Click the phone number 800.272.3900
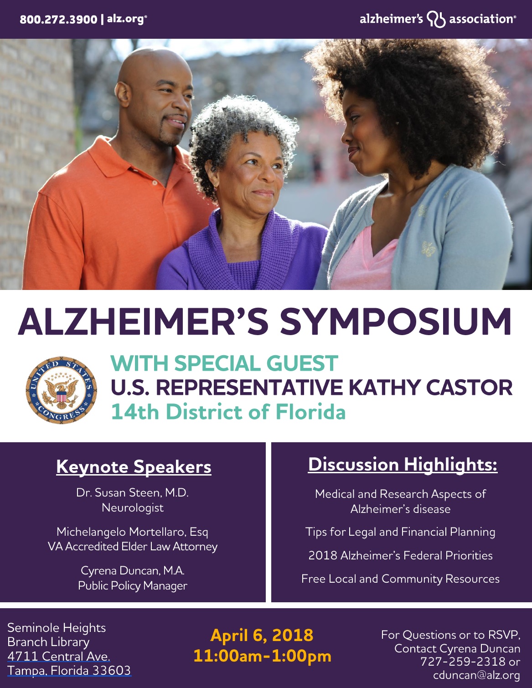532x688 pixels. pos(58,20)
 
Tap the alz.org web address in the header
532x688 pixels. pos(126,19)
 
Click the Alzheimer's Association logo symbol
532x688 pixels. pos(436,19)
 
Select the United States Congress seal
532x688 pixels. pos(62,390)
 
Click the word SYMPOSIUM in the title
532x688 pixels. pos(396,321)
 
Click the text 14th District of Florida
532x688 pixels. pos(228,412)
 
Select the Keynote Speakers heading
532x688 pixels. pos(134,467)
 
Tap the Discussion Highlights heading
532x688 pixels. pos(403,465)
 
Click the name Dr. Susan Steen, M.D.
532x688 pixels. pos(132,493)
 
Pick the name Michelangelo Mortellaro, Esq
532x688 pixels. pos(132,532)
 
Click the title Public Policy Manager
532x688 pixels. pos(133,585)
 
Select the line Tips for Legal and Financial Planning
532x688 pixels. pos(400,532)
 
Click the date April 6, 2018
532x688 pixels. pos(262,635)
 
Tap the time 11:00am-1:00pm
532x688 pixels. pos(263,656)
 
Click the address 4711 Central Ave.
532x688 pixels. pos(58,657)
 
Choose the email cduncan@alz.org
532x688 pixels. pos(477,675)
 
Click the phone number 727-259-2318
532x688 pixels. pos(463,661)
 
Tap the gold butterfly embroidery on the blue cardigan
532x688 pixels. pos(429,248)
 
